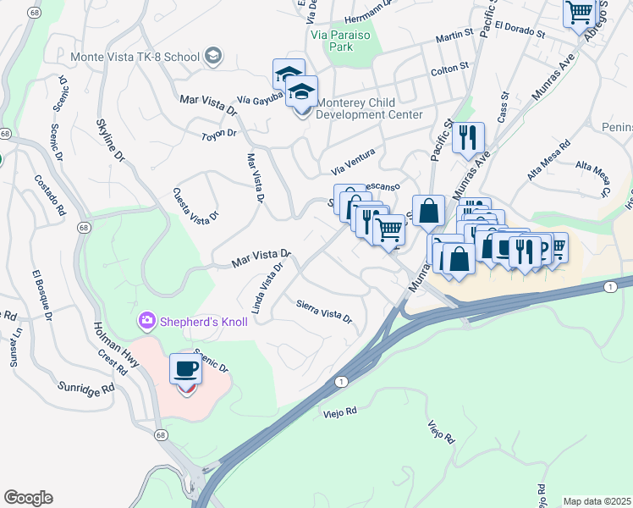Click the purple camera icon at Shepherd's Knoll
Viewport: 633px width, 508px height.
(147, 320)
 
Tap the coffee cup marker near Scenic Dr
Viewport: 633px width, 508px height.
(186, 369)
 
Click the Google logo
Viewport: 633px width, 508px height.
(28, 498)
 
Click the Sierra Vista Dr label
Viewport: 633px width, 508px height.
(323, 310)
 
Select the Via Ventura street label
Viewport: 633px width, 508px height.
(352, 158)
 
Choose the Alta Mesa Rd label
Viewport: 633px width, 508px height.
(549, 160)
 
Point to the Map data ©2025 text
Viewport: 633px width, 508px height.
(597, 501)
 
